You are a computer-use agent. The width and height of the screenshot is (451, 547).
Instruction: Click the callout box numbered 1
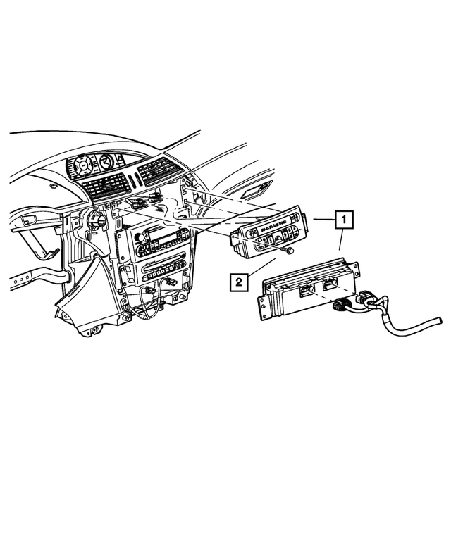tap(343, 220)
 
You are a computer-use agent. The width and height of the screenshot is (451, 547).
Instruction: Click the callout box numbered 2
tap(239, 283)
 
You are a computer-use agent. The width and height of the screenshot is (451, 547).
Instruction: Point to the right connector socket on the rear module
tap(330, 284)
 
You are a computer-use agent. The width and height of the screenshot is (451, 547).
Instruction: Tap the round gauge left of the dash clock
tap(82, 167)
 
